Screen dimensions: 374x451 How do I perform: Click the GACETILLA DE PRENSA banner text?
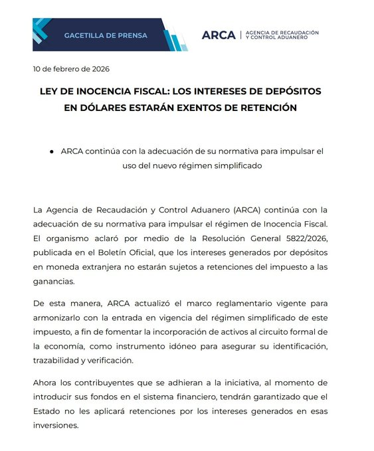click(105, 35)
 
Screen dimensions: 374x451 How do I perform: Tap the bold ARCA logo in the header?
click(219, 35)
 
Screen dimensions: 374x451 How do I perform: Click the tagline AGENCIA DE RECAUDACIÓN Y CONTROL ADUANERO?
click(282, 35)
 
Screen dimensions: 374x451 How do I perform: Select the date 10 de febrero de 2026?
click(71, 69)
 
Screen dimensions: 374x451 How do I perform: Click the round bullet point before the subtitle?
click(51, 151)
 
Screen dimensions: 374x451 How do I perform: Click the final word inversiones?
click(56, 426)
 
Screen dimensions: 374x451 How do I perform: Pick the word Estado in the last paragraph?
click(46, 411)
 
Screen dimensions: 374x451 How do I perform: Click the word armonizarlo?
click(60, 317)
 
